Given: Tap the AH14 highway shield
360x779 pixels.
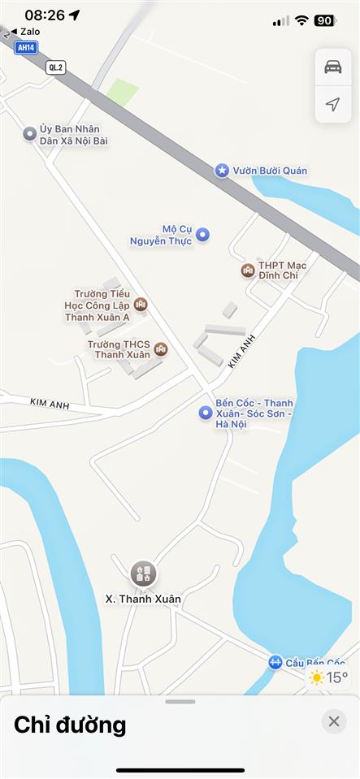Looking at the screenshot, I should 27,48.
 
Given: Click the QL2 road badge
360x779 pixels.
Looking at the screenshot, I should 56,67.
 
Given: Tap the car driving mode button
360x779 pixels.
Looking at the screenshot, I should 333,67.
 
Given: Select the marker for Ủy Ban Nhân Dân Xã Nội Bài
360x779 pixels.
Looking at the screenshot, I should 30,134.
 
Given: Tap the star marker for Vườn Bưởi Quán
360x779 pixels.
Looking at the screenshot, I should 222,171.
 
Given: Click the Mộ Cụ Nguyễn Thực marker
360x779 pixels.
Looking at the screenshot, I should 203,235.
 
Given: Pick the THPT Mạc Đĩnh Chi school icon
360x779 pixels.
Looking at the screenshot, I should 248,270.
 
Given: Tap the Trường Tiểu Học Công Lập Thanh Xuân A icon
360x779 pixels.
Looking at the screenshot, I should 141,305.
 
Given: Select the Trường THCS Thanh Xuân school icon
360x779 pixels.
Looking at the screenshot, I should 161,349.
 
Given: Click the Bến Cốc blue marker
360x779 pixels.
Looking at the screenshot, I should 206,413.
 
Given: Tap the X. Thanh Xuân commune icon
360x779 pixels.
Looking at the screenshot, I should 144,573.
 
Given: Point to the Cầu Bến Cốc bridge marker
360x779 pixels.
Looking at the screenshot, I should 275,663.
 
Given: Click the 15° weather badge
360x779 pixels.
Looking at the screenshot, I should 328,677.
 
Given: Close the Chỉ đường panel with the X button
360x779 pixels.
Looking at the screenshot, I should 333,721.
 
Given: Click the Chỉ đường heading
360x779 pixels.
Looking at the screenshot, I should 70,724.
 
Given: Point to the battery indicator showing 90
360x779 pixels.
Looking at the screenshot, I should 325,20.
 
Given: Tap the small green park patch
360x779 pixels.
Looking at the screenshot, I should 123,92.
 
